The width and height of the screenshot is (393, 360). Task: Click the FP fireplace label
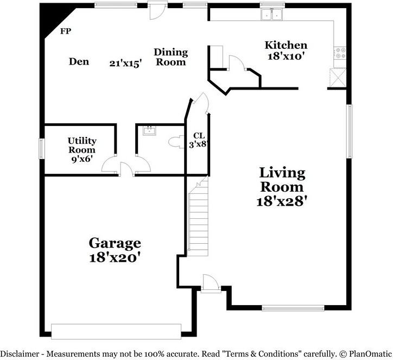(x=65, y=31)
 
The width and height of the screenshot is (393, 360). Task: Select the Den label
(x=79, y=61)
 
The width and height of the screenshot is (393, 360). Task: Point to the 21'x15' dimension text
(x=125, y=63)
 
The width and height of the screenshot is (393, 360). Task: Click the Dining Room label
(x=170, y=57)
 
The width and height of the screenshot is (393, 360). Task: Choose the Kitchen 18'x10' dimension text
(x=286, y=55)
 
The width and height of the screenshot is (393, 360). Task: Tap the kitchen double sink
(x=272, y=15)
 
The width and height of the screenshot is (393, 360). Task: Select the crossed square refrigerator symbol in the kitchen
(x=337, y=78)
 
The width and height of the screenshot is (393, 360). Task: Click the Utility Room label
(x=81, y=144)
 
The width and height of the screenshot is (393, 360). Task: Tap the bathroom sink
(x=148, y=130)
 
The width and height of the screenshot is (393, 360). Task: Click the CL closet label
(x=198, y=135)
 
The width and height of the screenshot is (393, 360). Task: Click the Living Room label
(x=282, y=180)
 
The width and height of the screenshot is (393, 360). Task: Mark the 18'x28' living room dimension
(x=282, y=200)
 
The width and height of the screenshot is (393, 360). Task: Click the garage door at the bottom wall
(x=116, y=331)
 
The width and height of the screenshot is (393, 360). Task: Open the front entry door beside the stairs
(x=210, y=284)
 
